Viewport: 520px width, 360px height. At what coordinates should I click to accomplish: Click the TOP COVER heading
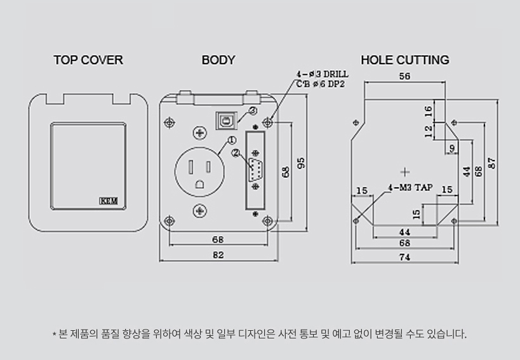coord(88,60)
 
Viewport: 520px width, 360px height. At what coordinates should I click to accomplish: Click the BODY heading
coord(218,60)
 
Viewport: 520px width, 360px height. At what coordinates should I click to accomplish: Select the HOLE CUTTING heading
coord(405,60)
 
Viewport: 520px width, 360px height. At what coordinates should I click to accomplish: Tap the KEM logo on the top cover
coord(109,201)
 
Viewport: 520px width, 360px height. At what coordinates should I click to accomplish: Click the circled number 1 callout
coord(232,140)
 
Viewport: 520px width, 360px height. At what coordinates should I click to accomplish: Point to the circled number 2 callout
coord(236,153)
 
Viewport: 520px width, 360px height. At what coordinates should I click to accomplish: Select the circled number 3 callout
coord(253,110)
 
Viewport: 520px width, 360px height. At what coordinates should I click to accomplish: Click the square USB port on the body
coord(227,121)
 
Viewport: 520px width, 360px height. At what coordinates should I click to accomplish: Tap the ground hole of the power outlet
coord(199,184)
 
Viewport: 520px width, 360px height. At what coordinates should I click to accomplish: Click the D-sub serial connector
coord(255,170)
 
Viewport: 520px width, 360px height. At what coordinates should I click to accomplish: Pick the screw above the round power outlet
coord(199,133)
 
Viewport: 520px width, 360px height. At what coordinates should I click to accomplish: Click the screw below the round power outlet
coord(199,211)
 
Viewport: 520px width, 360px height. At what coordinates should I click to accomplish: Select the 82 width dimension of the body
coord(218,255)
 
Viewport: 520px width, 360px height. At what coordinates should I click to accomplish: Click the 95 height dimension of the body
coord(301,163)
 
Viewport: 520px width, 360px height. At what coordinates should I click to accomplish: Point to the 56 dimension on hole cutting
coord(404,76)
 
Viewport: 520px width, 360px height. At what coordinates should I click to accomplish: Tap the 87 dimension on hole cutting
coord(492,163)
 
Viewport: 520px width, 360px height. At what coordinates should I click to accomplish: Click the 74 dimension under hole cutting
coord(404,257)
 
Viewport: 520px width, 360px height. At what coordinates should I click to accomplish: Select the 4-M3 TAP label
coord(411,188)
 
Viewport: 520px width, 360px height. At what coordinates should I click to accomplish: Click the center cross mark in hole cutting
coord(405,172)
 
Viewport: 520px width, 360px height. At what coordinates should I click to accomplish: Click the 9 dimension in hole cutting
coord(452,148)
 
